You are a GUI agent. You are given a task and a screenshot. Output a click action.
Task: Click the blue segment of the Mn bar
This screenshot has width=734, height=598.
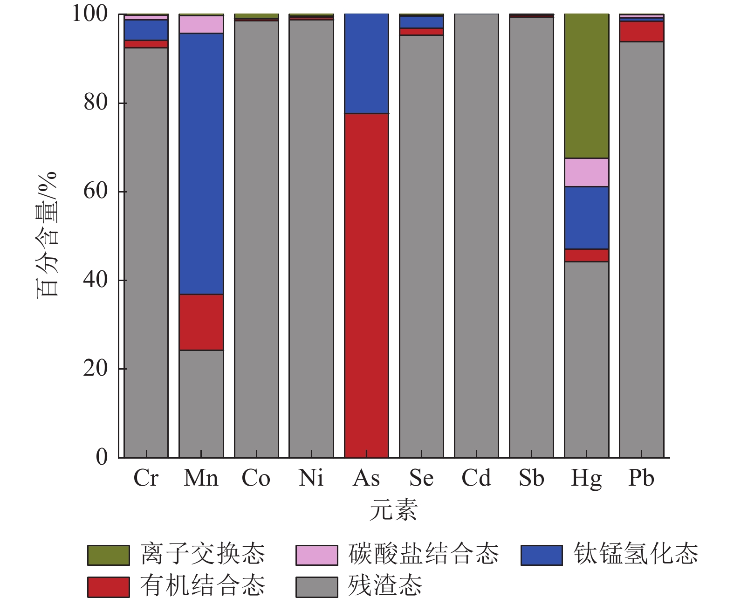[201, 163]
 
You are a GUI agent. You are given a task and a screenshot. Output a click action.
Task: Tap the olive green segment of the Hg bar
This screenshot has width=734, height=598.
[586, 86]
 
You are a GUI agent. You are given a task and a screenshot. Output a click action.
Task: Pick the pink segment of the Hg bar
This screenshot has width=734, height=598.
[586, 172]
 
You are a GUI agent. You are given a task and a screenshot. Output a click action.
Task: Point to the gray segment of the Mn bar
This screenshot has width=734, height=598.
[201, 404]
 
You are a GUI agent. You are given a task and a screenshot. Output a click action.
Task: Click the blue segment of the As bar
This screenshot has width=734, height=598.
[366, 64]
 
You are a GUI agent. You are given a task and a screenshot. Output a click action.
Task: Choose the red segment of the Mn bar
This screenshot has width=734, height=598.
[201, 322]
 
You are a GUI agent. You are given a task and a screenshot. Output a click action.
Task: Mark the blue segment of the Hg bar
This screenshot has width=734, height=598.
[586, 218]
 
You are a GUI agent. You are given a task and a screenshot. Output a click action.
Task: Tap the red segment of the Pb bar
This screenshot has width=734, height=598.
[641, 32]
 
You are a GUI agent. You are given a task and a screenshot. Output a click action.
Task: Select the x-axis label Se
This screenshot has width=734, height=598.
[421, 478]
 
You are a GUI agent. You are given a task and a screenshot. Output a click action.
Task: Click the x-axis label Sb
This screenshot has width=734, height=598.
[531, 478]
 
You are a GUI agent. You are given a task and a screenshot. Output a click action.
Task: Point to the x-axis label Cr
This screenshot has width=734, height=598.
[146, 478]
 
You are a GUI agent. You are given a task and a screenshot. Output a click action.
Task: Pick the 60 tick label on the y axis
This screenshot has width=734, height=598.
[96, 192]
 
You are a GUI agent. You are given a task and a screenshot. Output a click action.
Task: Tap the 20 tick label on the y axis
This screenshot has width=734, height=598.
[96, 369]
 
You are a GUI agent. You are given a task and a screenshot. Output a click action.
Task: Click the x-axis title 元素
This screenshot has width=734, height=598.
[393, 509]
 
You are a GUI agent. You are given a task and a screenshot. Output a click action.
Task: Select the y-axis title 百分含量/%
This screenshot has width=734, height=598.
[47, 233]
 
